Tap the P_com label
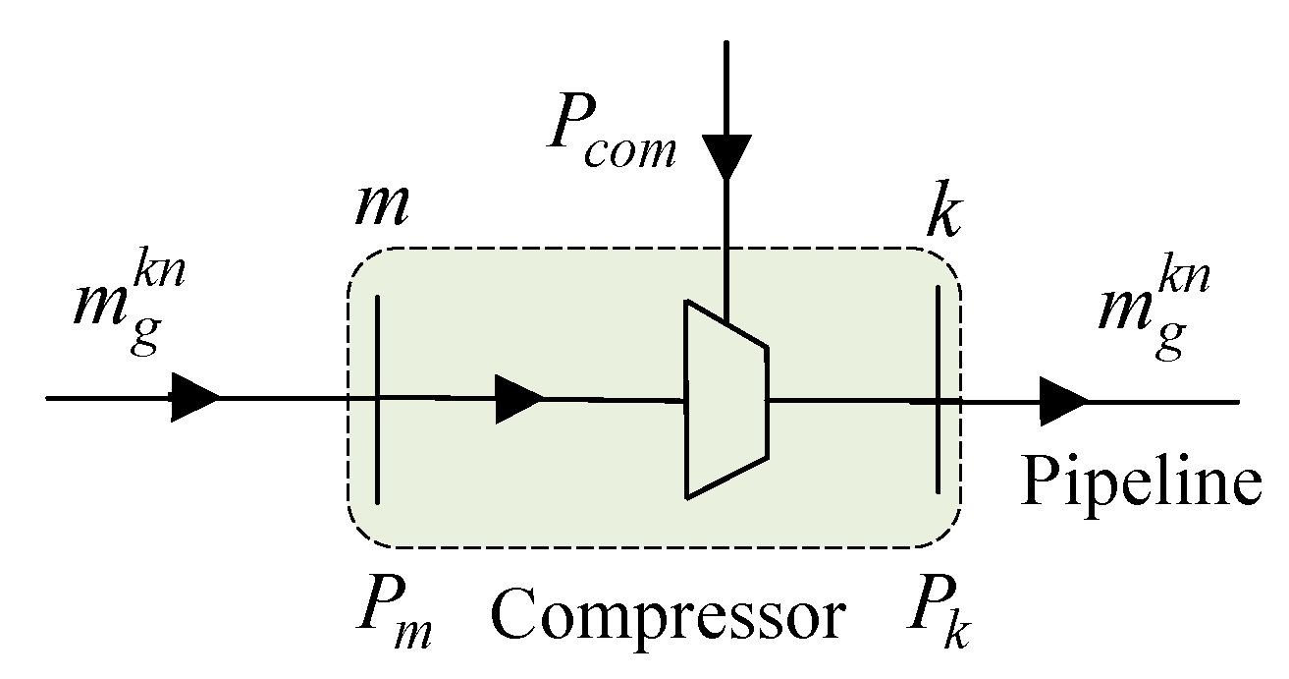(609, 137)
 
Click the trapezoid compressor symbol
(725, 398)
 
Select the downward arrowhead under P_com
(725, 157)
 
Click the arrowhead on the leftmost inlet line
(194, 398)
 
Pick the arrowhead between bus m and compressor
(518, 399)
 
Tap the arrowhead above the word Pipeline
(1064, 401)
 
